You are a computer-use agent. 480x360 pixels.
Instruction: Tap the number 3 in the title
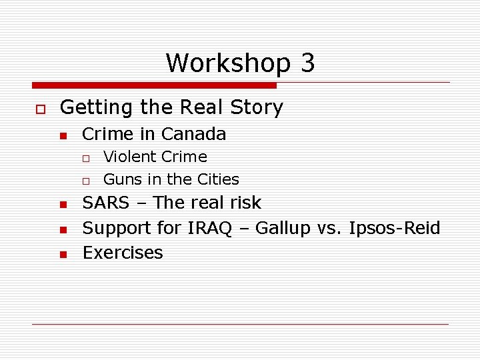[x=307, y=63]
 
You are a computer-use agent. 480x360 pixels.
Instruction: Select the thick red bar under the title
[x=154, y=85]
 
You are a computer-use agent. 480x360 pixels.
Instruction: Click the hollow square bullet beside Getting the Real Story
[x=40, y=109]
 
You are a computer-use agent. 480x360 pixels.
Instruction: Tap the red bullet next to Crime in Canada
[x=63, y=136]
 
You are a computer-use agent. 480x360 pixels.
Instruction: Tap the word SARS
[x=105, y=203]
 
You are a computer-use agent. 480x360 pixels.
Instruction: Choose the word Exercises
[x=123, y=253]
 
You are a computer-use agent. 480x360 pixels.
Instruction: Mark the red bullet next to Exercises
[x=63, y=255]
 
